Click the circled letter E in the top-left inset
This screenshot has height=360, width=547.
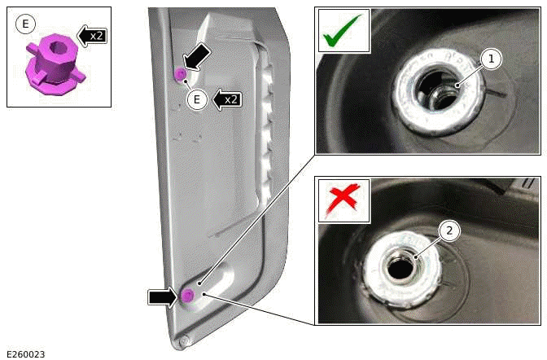(25, 24)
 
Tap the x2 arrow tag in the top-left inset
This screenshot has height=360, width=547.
(92, 34)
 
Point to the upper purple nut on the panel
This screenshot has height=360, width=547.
(180, 75)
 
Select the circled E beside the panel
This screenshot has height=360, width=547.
(195, 99)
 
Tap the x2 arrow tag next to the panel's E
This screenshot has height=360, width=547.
(226, 99)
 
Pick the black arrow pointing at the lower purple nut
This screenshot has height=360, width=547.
(163, 297)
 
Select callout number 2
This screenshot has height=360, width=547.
(447, 230)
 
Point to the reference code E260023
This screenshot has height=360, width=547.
(25, 353)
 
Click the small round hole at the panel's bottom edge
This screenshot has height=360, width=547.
(185, 340)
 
